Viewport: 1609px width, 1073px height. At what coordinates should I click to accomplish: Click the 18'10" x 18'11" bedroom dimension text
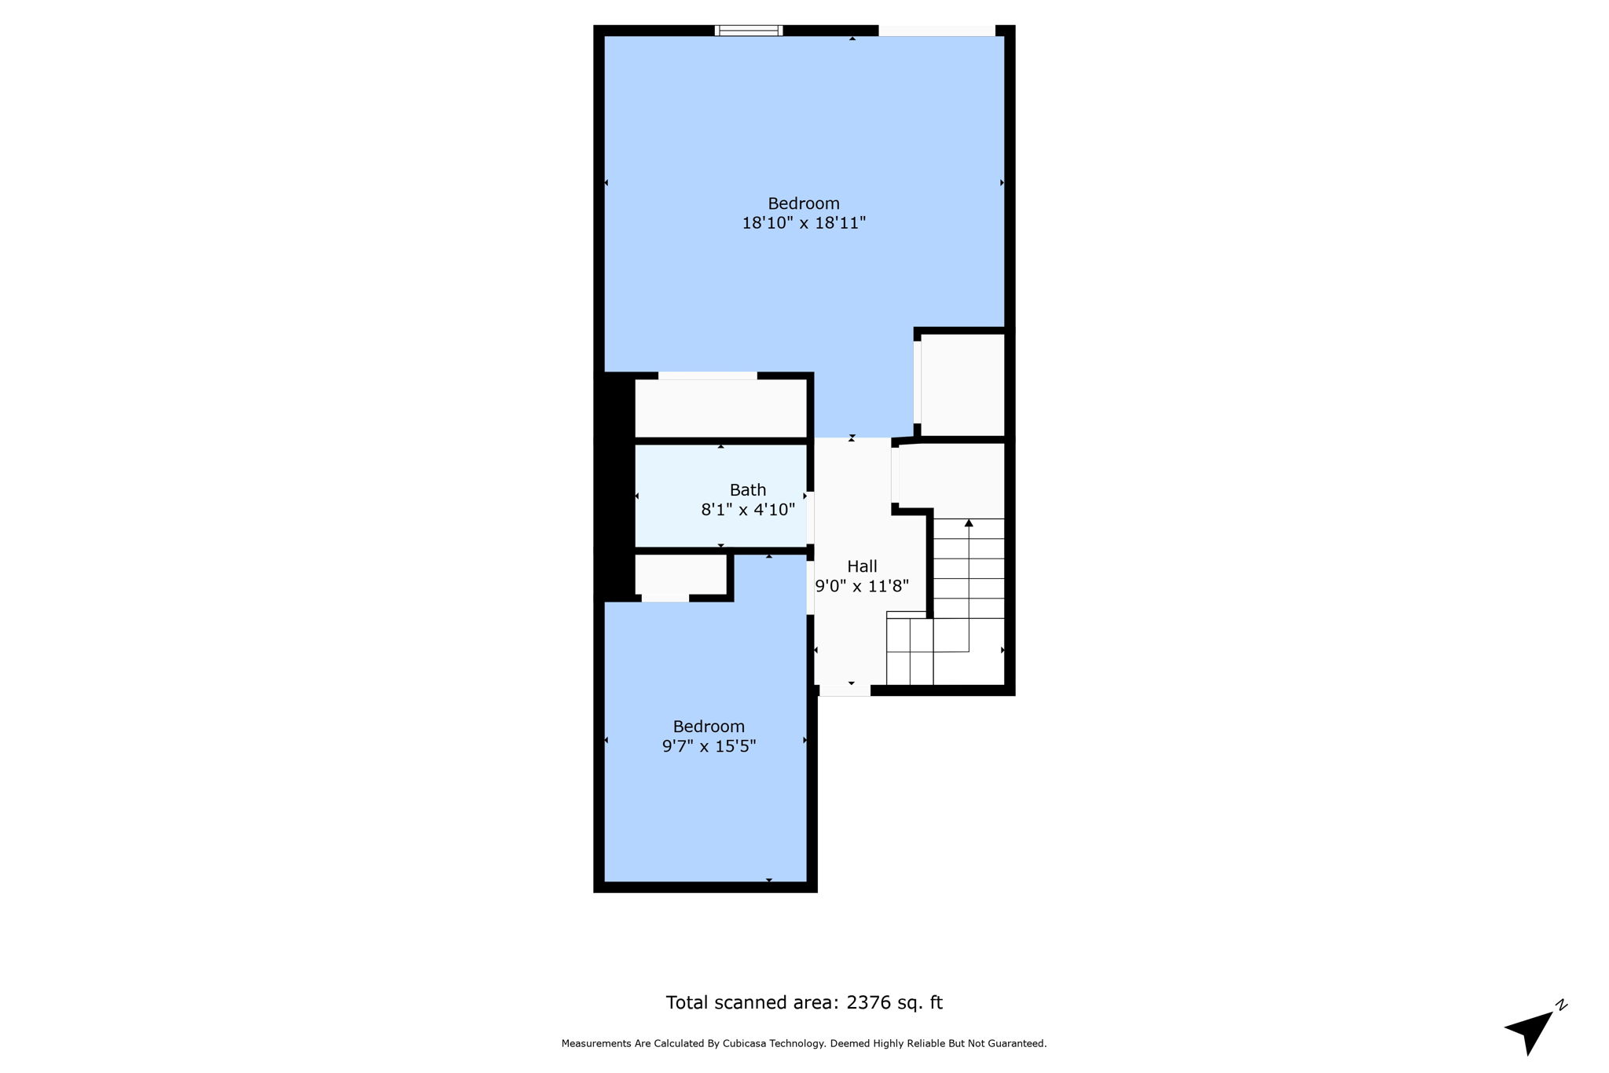(803, 223)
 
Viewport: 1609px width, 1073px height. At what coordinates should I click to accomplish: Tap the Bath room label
(747, 490)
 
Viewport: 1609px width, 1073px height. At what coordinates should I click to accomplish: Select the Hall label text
(862, 566)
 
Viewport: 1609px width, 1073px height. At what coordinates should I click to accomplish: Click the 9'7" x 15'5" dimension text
(709, 746)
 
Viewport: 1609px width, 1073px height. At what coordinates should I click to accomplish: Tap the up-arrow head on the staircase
(969, 523)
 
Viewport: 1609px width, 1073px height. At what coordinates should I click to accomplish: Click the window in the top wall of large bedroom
(749, 31)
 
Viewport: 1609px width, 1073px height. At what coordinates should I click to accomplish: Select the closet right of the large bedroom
(962, 384)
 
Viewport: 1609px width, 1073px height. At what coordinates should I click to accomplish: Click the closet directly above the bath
(720, 408)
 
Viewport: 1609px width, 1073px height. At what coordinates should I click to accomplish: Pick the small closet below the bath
(680, 574)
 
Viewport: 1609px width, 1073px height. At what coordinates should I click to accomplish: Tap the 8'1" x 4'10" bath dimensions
(747, 510)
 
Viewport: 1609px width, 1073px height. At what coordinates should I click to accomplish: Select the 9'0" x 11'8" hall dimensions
(862, 586)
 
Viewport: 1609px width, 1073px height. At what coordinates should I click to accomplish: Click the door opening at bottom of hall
(845, 690)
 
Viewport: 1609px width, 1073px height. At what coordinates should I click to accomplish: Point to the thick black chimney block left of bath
(614, 487)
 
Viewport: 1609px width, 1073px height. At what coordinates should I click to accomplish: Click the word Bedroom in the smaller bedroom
(709, 727)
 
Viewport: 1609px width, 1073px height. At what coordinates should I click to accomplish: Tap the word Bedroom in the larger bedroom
(803, 203)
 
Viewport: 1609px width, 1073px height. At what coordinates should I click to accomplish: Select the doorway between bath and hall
(810, 518)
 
